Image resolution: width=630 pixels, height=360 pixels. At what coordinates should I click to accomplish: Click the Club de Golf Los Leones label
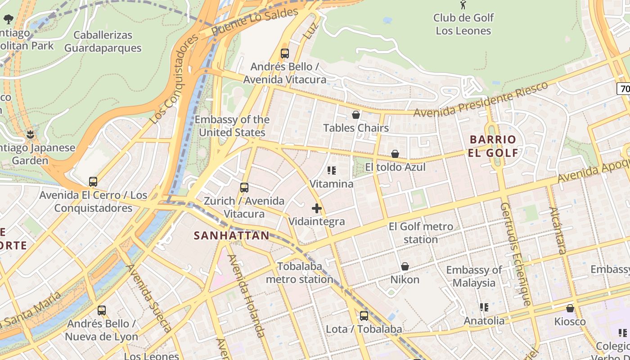coord(463,24)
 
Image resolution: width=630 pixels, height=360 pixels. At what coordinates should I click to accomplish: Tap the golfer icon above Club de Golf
coord(463,4)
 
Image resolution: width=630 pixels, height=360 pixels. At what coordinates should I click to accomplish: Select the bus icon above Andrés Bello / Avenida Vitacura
coord(284,54)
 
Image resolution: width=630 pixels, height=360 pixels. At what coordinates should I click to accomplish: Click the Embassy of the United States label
coord(232,126)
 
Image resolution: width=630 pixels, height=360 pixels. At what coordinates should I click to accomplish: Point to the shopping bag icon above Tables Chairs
coord(356,115)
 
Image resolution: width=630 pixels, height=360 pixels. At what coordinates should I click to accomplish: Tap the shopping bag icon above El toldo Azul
coord(395,154)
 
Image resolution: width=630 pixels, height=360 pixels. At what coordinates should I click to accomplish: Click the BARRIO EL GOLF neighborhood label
coord(493,146)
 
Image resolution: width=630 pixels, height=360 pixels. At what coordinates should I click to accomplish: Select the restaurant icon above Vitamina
coord(332,171)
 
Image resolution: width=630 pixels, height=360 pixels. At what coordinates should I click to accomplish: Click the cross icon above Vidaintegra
coord(317,208)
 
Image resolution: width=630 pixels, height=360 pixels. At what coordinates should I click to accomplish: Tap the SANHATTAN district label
coord(231,235)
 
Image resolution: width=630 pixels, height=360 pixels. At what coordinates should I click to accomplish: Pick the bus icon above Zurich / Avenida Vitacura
coord(244,188)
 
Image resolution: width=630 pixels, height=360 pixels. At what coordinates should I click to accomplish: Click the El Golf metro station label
coord(421,233)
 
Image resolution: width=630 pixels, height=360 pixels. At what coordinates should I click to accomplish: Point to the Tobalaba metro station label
coord(300,273)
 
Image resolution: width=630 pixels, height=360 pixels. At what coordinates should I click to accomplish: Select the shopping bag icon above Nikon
coord(405,266)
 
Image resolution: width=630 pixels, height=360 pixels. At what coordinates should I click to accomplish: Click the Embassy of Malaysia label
coord(474,276)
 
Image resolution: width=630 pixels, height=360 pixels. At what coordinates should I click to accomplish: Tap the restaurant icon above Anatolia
coord(484,307)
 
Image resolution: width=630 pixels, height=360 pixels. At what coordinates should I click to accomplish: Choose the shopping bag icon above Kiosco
coord(570,308)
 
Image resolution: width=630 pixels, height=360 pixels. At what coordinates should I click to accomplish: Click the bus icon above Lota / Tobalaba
coord(364,316)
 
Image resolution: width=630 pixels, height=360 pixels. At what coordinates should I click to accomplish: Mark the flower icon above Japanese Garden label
coord(31,134)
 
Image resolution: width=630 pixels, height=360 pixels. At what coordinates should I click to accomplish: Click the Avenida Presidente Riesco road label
coord(481,99)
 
